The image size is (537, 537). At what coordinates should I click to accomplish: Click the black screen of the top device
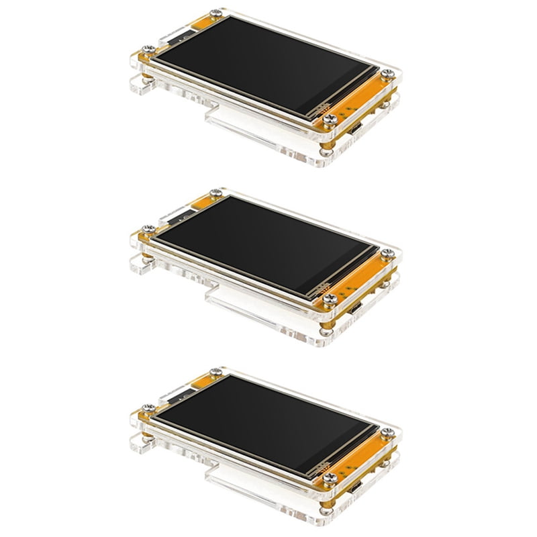(262, 64)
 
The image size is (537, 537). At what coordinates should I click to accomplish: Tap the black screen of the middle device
(262, 245)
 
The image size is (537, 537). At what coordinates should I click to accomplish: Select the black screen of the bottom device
(262, 423)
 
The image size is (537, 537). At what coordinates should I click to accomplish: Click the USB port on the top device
(356, 130)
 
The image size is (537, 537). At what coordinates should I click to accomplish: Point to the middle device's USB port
(356, 309)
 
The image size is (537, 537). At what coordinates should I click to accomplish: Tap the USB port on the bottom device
(356, 488)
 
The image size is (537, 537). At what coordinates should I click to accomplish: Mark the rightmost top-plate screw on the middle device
(387, 253)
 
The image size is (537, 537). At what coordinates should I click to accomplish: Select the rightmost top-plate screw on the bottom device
(387, 432)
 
